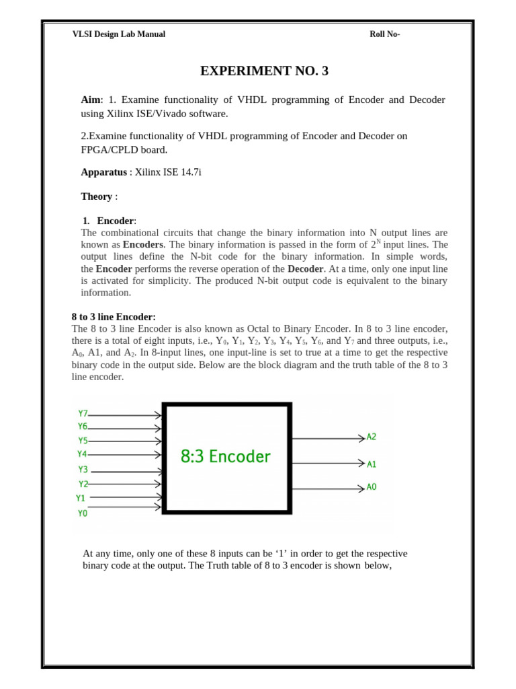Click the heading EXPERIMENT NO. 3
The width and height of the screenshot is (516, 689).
[x=265, y=71]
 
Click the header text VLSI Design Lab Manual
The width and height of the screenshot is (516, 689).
[x=118, y=34]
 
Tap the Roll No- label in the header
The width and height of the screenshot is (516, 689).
[x=385, y=34]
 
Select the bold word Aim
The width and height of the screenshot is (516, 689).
[x=90, y=100]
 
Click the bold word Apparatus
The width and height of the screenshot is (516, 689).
[x=103, y=172]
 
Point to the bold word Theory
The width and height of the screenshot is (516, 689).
[x=96, y=196]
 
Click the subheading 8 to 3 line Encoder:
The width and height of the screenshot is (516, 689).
[x=114, y=317]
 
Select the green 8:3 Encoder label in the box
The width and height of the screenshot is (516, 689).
[x=226, y=457]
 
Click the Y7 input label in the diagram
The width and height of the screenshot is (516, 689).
[x=83, y=413]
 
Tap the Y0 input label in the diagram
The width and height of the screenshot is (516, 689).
[x=83, y=513]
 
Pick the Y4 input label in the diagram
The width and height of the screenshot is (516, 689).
[x=83, y=454]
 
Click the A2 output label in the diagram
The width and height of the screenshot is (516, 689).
[x=372, y=437]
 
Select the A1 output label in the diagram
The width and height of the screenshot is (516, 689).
[x=372, y=464]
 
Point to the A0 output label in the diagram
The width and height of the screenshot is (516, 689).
[x=372, y=486]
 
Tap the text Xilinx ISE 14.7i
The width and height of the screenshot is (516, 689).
[x=168, y=172]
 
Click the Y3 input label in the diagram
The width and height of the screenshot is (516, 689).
[x=83, y=469]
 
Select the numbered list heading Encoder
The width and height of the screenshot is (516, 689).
[x=116, y=221]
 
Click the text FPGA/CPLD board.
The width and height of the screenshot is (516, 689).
[x=124, y=149]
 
